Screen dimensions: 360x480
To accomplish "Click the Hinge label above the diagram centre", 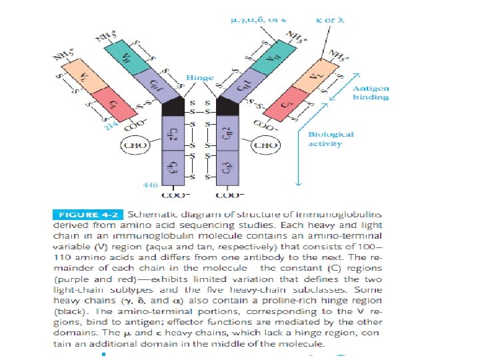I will [201, 78].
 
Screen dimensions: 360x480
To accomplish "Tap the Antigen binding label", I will [370, 93].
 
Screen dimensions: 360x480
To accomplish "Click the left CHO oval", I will [133, 145].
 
